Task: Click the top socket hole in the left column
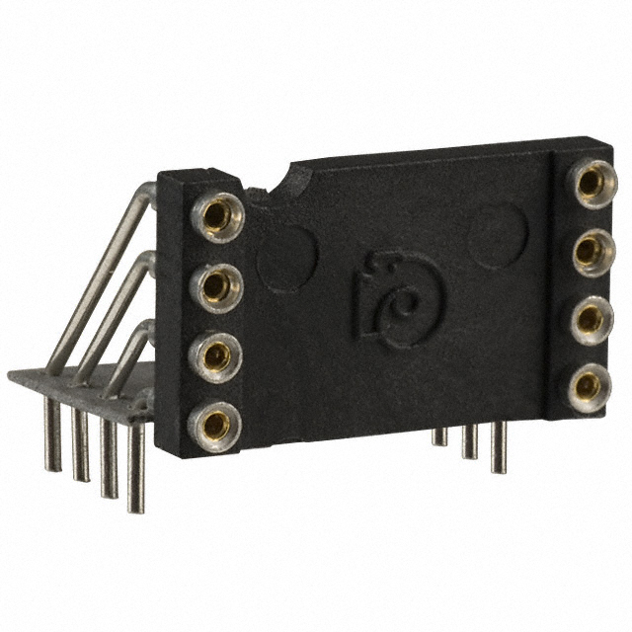(x=215, y=215)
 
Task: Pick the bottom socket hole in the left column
(x=214, y=424)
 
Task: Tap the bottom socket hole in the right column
(x=587, y=385)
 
